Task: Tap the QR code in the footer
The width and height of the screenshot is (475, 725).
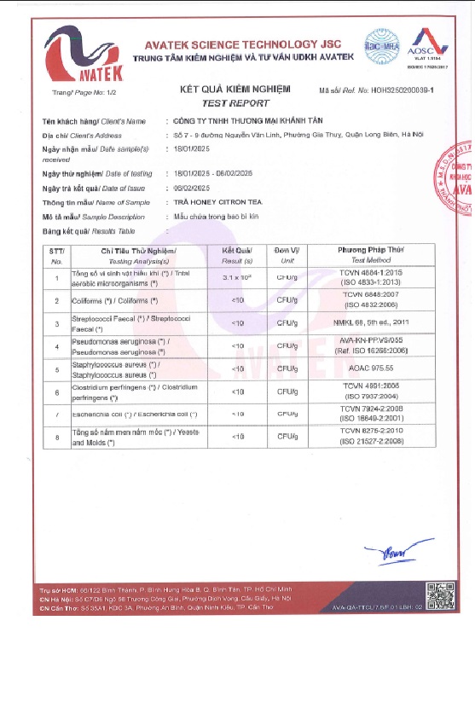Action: click(x=437, y=592)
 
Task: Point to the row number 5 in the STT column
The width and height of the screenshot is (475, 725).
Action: click(x=56, y=370)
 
